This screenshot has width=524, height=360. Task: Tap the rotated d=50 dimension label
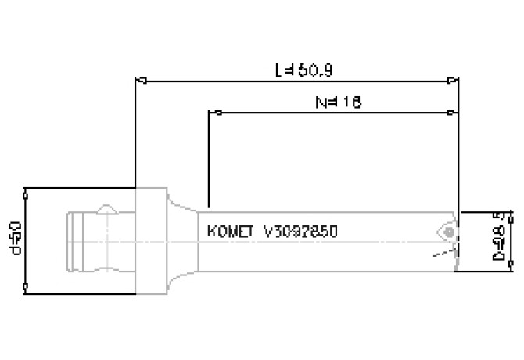[13, 239]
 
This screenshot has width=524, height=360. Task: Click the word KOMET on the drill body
[231, 232]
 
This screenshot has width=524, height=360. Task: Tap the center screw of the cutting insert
[447, 232]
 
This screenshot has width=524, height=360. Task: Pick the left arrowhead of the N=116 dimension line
[214, 113]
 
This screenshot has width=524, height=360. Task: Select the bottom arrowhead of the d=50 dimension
[27, 290]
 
